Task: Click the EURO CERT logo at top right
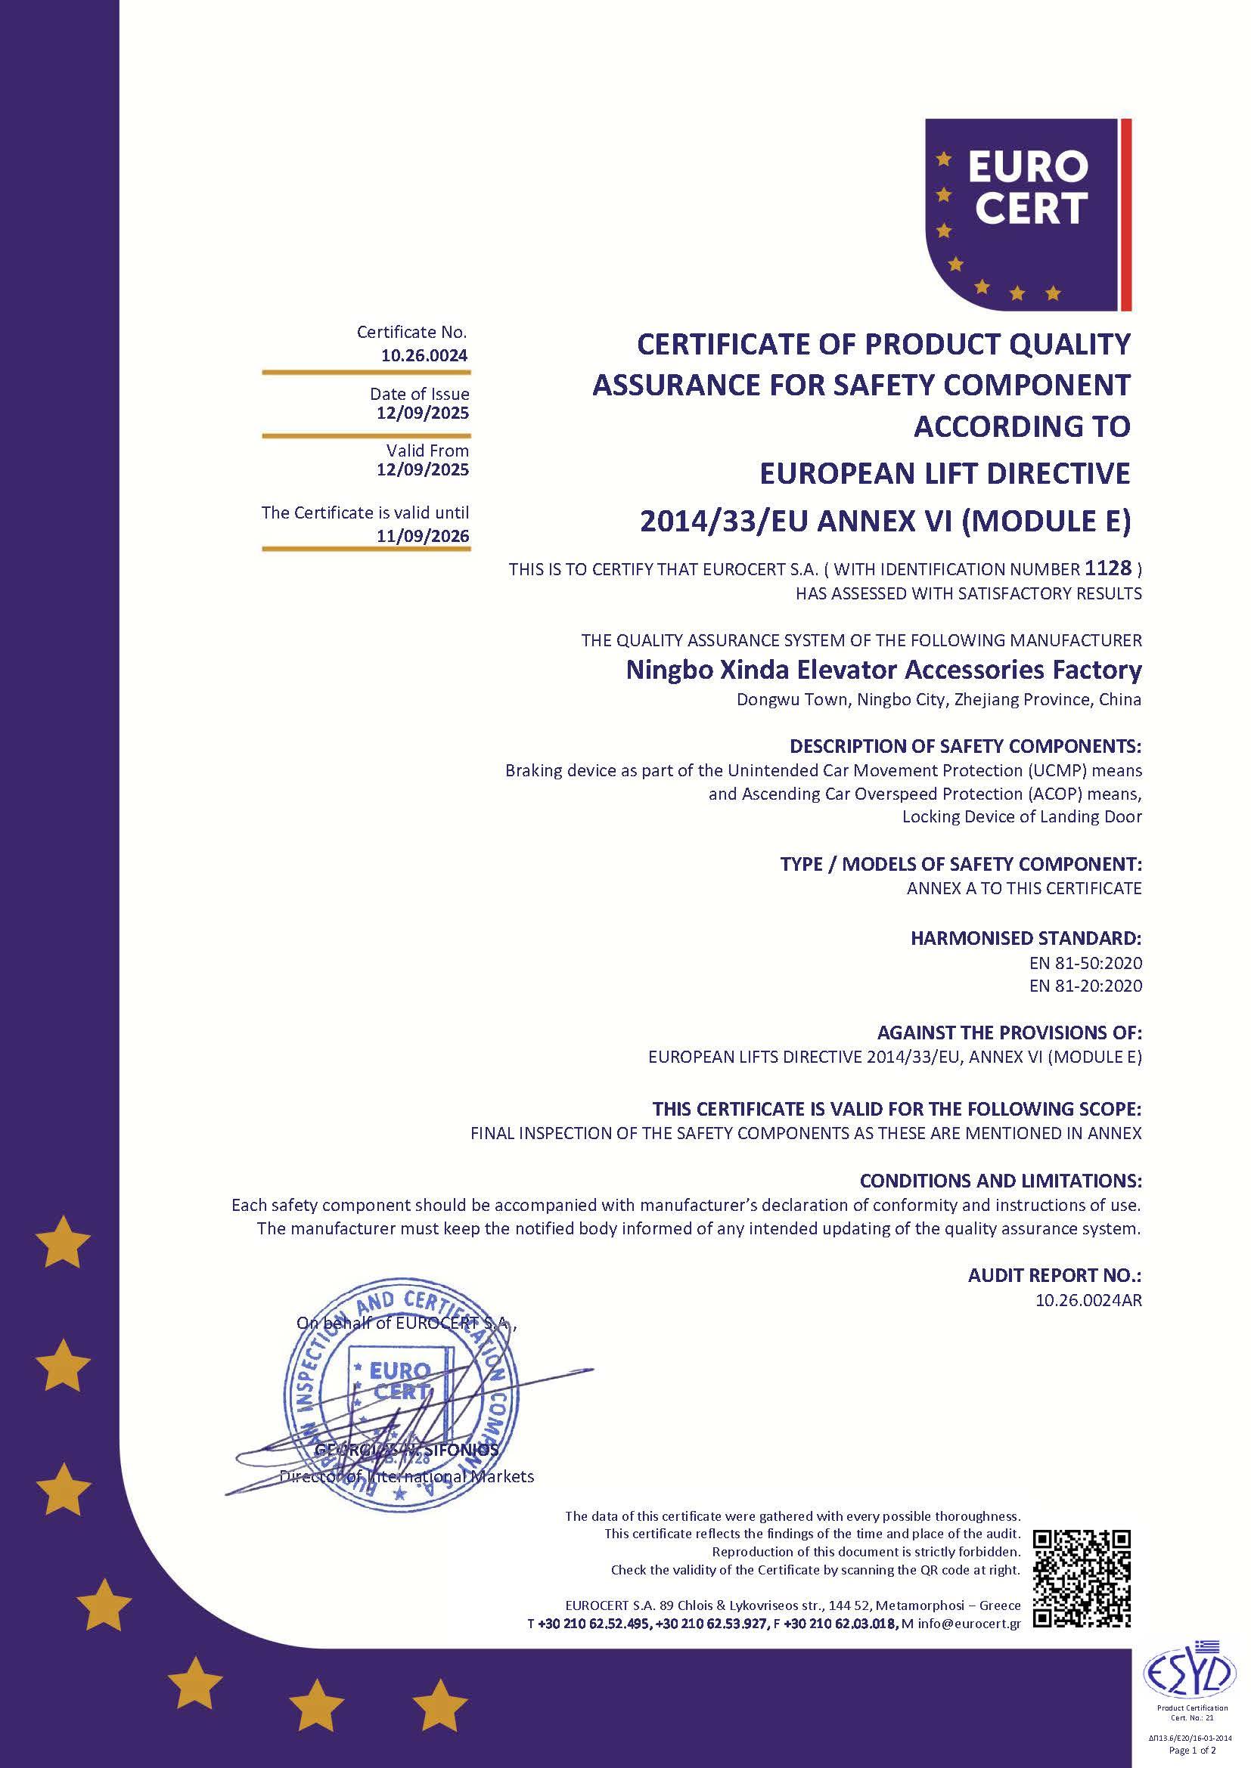coord(1028,214)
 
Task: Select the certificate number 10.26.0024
coord(424,356)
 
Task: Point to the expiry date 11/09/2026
coord(422,536)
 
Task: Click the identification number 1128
coord(1108,568)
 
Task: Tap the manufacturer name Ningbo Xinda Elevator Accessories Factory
coord(883,670)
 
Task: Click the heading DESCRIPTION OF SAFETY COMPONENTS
coord(964,745)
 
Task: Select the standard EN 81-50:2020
coord(1085,962)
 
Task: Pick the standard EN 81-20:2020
coord(1085,986)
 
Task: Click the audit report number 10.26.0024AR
coord(1088,1301)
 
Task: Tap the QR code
coord(1082,1578)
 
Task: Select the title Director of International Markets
coord(406,1476)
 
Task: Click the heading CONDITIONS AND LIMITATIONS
coord(1000,1181)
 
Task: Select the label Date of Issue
coord(419,394)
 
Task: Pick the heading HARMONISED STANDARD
coord(1026,938)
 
